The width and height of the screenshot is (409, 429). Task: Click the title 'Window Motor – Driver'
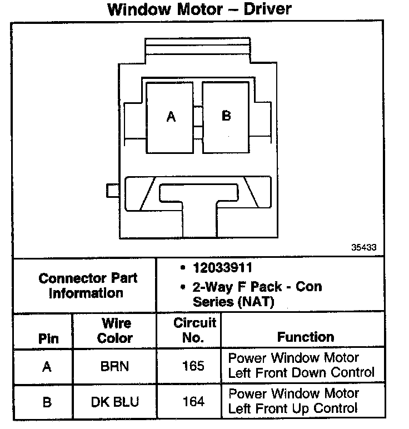pos(199,9)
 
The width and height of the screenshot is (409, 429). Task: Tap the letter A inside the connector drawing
pos(171,117)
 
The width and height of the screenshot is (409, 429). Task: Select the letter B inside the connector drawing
pos(226,116)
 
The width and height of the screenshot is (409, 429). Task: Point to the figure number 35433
pos(363,247)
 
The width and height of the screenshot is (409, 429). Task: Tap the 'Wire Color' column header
pos(115,331)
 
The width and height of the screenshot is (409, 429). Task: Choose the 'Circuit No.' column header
pos(194,330)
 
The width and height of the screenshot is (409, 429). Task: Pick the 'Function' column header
pos(306,337)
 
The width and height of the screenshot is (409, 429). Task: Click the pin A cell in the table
pos(47,367)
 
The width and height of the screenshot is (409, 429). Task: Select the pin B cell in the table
pos(47,402)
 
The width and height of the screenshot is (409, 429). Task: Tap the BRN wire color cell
pos(116,367)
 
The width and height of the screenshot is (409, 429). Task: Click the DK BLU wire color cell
pos(116,402)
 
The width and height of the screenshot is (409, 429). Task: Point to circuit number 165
pos(193,367)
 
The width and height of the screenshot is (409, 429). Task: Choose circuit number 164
pos(193,402)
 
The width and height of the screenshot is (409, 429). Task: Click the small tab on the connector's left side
pos(112,190)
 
